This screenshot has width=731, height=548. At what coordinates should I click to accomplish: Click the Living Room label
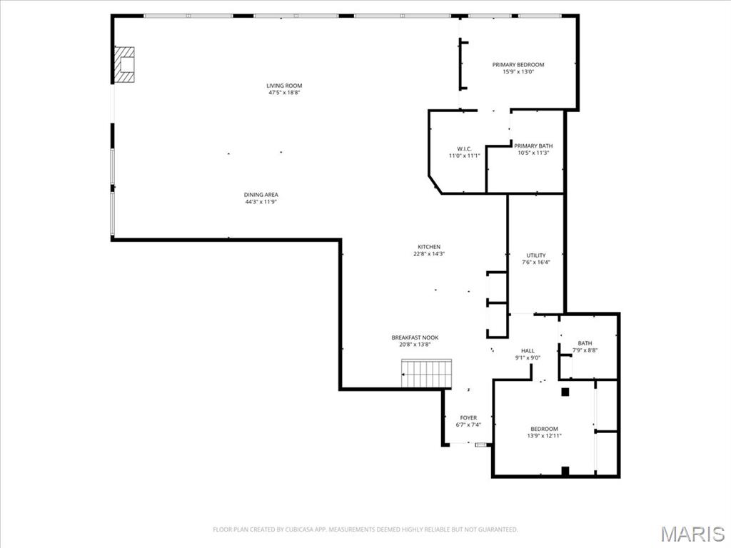(x=284, y=86)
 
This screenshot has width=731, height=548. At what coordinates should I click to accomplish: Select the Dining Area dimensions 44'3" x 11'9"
(x=261, y=202)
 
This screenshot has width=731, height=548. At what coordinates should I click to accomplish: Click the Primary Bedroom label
(x=518, y=65)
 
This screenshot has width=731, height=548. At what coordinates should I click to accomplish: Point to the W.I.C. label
(x=464, y=148)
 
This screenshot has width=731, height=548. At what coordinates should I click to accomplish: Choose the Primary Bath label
(x=533, y=146)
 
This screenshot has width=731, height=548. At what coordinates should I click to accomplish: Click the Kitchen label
(x=429, y=247)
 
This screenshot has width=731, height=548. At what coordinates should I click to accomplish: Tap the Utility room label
(x=536, y=255)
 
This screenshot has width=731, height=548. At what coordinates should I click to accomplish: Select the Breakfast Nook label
(x=415, y=338)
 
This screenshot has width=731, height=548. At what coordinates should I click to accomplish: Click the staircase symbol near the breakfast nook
(x=427, y=374)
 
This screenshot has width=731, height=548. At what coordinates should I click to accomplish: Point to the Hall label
(x=528, y=350)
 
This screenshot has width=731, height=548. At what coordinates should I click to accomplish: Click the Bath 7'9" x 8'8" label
(x=585, y=343)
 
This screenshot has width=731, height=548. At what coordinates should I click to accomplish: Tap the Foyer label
(x=468, y=418)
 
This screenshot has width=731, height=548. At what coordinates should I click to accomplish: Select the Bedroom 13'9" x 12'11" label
(x=544, y=429)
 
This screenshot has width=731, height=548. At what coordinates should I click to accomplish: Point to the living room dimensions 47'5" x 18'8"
(x=284, y=93)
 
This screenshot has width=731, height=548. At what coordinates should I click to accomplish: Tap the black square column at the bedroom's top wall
(x=565, y=391)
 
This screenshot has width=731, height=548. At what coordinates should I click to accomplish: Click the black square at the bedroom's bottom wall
(x=565, y=471)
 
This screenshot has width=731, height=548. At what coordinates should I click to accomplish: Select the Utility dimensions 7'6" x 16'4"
(x=536, y=263)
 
